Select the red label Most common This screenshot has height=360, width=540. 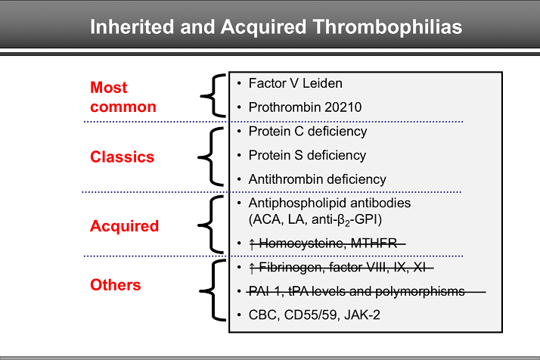tap(123, 98)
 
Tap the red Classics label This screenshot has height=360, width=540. tap(122, 157)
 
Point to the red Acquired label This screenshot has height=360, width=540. tap(124, 225)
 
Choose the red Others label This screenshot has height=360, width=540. tap(116, 285)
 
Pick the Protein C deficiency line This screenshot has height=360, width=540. tap(307, 132)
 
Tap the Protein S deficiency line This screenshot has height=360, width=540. tap(307, 155)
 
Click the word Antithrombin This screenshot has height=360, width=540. tap(284, 179)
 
